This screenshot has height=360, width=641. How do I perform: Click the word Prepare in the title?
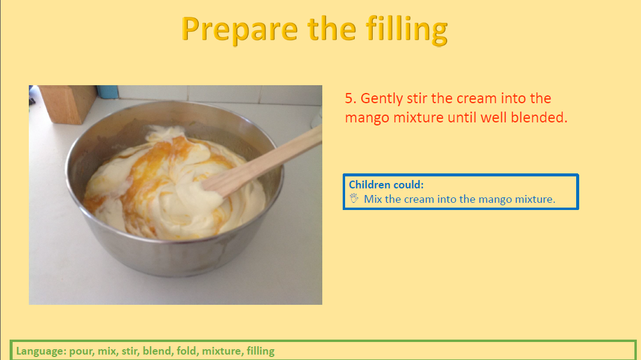239,29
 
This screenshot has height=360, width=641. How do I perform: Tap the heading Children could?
386,185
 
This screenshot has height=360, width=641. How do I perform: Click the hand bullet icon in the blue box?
354,199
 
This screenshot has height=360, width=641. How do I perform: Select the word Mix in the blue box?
373,199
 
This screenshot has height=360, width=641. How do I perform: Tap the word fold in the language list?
187,351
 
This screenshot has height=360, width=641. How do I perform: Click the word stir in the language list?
130,351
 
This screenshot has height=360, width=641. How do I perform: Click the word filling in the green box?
260,352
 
